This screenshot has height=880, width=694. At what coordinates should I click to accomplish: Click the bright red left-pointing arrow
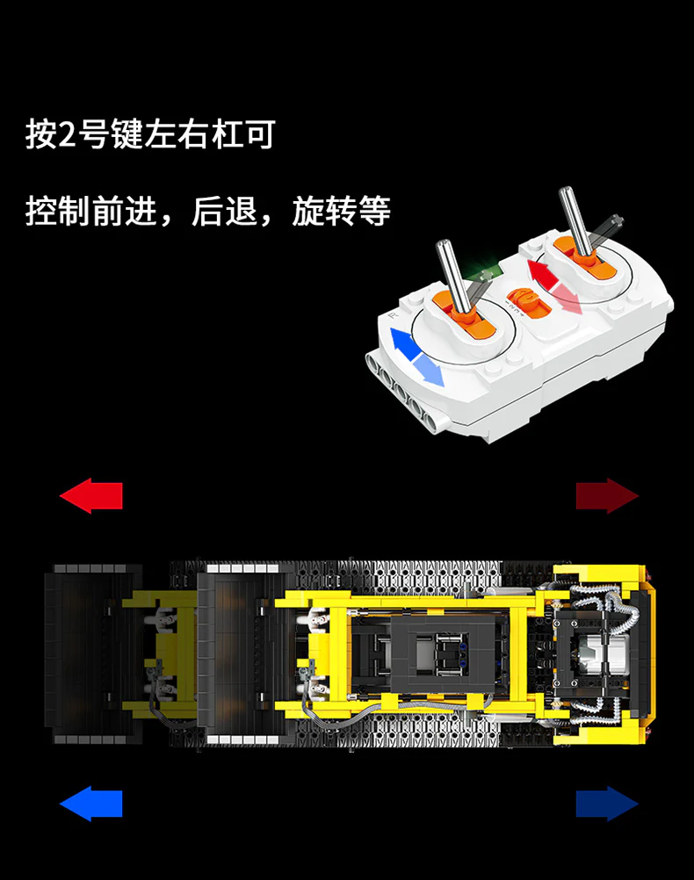(90, 496)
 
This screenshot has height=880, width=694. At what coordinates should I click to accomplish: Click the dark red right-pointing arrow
(607, 496)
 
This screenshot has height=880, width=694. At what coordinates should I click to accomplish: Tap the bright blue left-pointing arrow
(90, 804)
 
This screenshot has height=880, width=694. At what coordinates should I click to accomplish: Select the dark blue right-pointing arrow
(607, 804)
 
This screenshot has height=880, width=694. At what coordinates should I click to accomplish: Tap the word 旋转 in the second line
(324, 212)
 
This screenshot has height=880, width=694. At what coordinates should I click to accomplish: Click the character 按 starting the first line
(41, 136)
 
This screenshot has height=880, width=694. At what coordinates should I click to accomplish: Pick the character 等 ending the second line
(374, 212)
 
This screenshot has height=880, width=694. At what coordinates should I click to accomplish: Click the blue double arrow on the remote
(416, 355)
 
